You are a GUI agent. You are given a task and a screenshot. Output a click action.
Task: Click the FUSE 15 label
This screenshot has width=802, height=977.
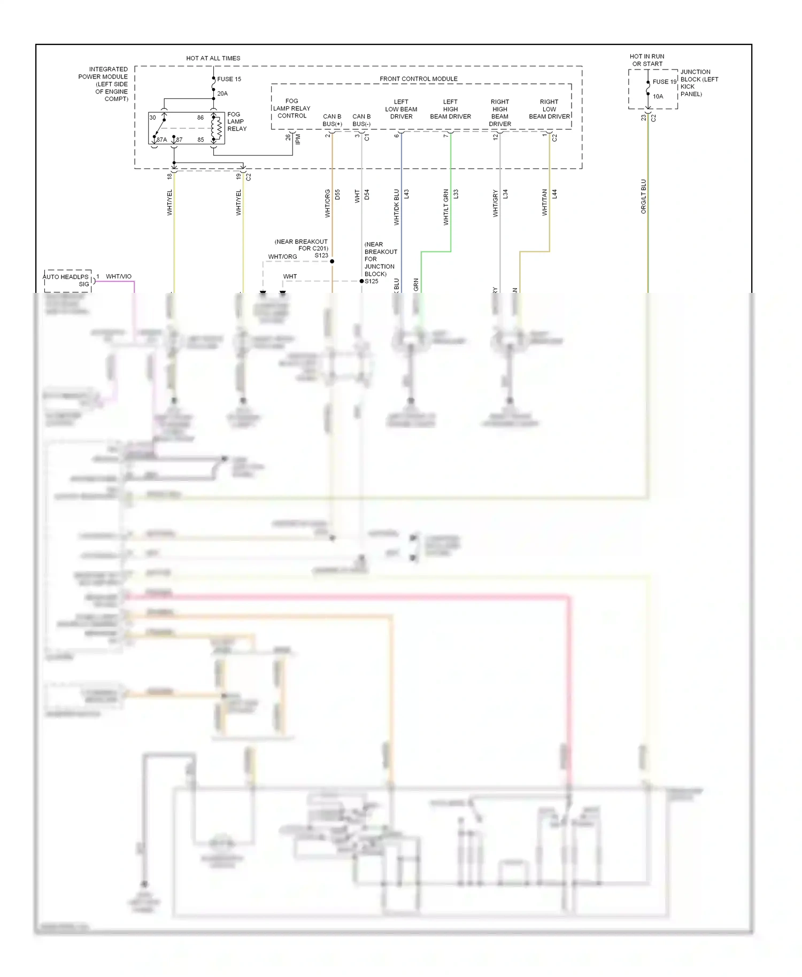pyautogui.click(x=229, y=79)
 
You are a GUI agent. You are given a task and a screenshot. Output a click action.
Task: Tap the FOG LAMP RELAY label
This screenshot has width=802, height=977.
pyautogui.click(x=237, y=121)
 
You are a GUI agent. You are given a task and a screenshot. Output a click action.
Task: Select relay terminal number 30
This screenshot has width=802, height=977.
pyautogui.click(x=153, y=118)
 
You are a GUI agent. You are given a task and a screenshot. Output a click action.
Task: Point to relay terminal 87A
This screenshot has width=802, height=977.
pyautogui.click(x=161, y=139)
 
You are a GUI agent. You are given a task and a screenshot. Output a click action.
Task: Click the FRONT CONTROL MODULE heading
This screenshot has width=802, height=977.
pyautogui.click(x=418, y=79)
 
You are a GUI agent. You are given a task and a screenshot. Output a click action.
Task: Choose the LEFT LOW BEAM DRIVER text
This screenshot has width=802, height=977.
pyautogui.click(x=401, y=109)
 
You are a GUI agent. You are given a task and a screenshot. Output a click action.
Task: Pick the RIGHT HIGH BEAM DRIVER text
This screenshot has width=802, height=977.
pyautogui.click(x=500, y=113)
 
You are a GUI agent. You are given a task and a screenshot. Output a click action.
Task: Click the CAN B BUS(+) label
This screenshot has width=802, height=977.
pyautogui.click(x=332, y=120)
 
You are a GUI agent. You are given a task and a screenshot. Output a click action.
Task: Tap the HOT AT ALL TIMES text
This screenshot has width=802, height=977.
pyautogui.click(x=213, y=58)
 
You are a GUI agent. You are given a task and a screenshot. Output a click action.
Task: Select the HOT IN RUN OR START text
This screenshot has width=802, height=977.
pyautogui.click(x=647, y=60)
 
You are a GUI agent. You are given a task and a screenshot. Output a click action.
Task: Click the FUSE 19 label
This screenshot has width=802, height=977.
pyautogui.click(x=664, y=82)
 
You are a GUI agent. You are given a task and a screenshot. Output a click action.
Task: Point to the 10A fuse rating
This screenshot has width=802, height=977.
pyautogui.click(x=658, y=97)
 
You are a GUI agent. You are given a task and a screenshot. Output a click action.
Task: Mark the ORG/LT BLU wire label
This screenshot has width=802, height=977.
pyautogui.click(x=643, y=197)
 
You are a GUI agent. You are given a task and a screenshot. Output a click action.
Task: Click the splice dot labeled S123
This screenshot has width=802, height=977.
pyautogui.click(x=332, y=261)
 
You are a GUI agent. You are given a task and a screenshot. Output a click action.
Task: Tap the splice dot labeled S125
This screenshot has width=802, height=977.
pyautogui.click(x=361, y=281)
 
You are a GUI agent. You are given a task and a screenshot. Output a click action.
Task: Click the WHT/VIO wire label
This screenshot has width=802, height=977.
pyautogui.click(x=119, y=276)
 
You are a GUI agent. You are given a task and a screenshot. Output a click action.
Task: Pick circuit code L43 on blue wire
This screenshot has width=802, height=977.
pyautogui.click(x=406, y=194)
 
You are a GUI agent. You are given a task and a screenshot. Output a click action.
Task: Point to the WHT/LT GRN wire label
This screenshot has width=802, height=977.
pyautogui.click(x=446, y=207)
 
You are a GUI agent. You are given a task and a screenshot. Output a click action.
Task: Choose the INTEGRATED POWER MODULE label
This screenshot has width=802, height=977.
pyautogui.click(x=104, y=84)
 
